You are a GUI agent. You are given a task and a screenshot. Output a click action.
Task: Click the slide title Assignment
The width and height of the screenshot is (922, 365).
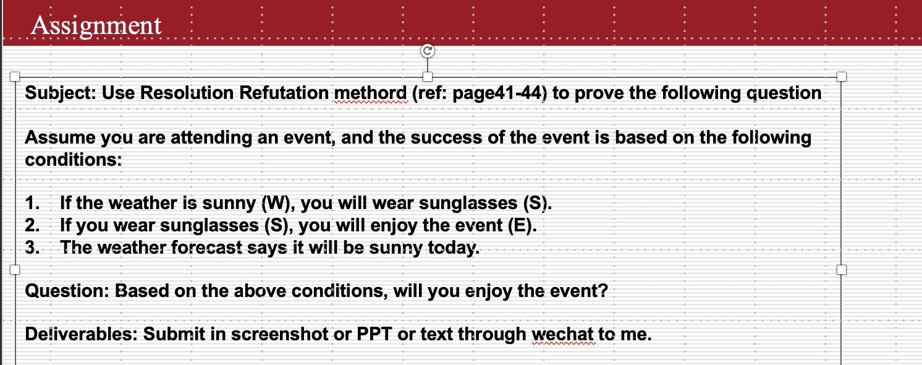point(96,25)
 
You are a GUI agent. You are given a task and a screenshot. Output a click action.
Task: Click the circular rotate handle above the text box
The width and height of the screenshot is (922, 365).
point(427,51)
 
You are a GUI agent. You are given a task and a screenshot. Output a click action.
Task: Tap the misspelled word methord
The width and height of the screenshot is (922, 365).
point(371,93)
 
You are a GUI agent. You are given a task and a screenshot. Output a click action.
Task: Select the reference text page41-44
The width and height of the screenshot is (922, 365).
point(499,93)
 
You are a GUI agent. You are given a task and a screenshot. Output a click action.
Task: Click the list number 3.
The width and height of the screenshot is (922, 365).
point(32,248)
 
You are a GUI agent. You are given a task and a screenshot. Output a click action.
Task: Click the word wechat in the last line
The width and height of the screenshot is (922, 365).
point(563,335)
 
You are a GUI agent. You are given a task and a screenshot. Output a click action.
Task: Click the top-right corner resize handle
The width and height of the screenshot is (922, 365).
point(841,77)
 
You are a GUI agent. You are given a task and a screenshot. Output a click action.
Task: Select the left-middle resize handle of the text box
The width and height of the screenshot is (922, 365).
point(14,270)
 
